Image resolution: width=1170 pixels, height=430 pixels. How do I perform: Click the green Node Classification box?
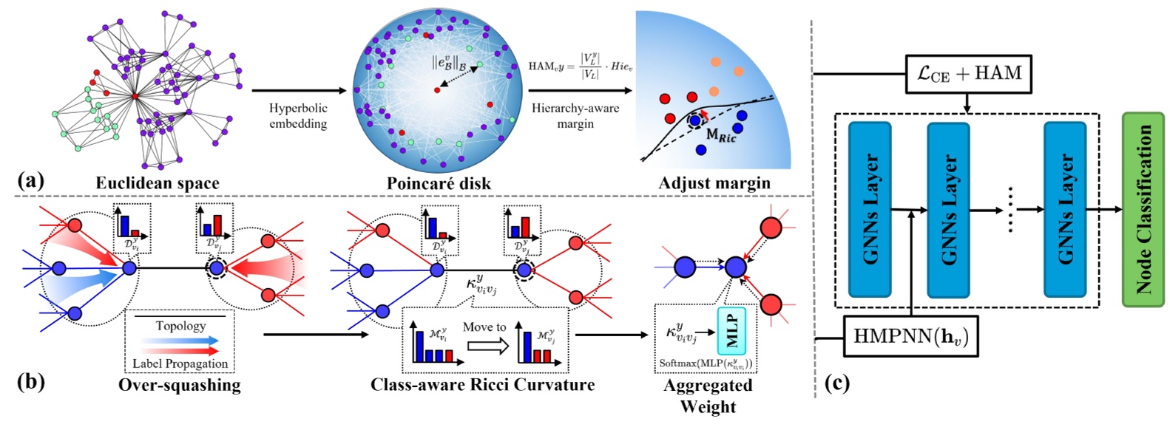1143,209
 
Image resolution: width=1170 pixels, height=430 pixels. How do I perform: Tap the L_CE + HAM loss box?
968,73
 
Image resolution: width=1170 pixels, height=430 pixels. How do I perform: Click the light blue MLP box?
732,330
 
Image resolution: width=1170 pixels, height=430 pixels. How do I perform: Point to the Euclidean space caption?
157,182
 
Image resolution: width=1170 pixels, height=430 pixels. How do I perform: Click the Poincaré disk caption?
439,183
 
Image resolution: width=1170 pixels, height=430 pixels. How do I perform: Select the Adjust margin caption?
714,182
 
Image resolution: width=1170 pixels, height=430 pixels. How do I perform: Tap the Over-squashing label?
179,385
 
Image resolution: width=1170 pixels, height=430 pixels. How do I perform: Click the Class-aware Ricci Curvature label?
482,385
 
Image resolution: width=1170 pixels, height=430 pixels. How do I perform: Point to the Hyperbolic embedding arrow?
299,91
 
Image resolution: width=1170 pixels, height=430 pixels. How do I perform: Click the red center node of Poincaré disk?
437,89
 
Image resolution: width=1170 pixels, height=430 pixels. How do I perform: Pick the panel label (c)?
836,383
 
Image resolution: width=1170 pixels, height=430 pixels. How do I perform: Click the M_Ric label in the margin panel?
721,135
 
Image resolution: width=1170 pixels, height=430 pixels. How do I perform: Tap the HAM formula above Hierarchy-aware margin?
580,66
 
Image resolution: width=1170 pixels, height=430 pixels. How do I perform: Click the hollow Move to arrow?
487,345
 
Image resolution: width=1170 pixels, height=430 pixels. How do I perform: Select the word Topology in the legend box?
180,326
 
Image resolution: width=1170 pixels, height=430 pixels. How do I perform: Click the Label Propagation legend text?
180,364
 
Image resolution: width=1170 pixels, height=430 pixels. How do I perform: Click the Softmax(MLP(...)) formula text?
706,364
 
